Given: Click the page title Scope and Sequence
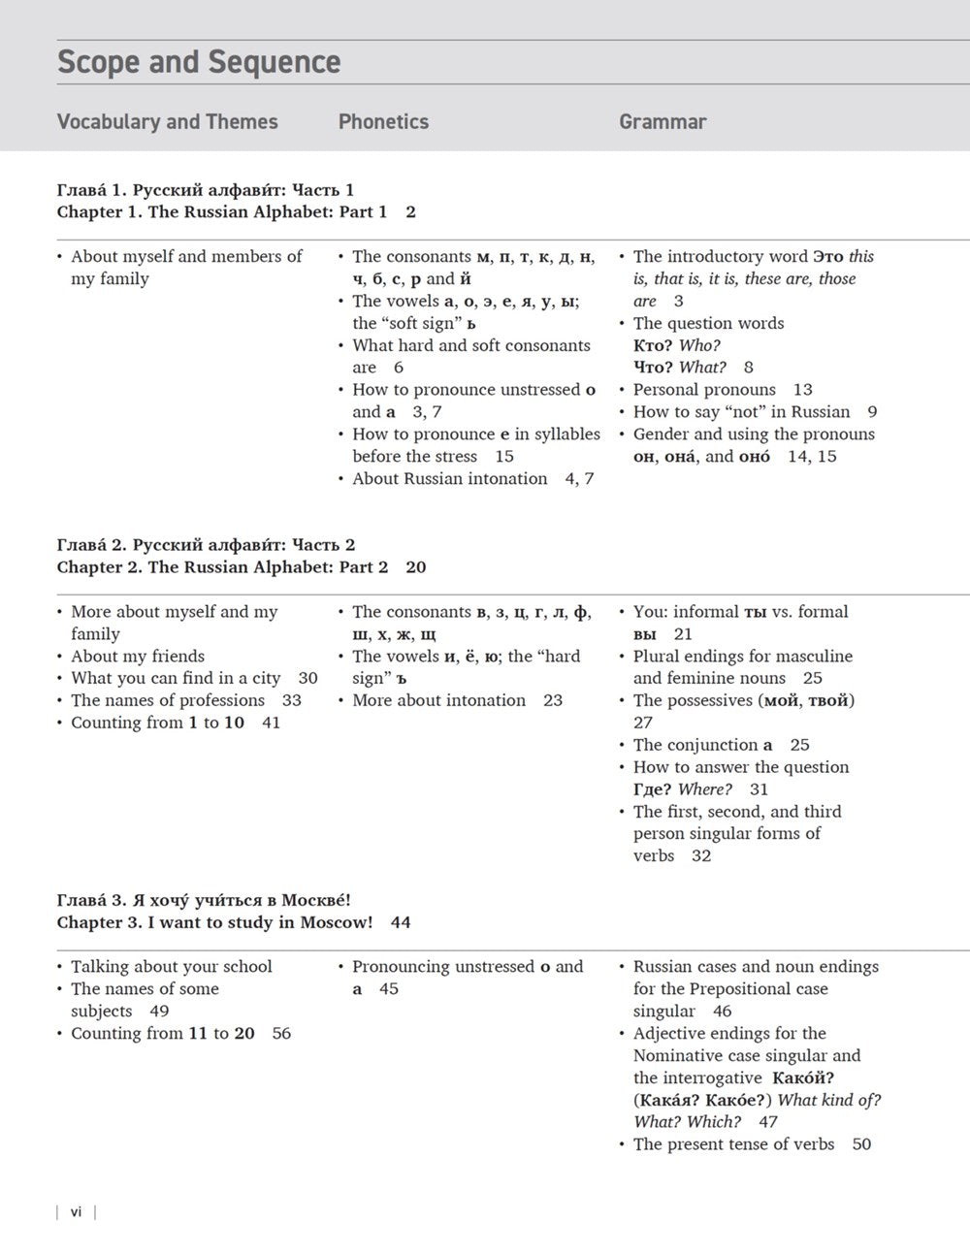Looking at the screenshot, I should (199, 62).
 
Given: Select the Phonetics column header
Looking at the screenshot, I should (383, 122).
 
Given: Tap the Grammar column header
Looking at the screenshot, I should (663, 122).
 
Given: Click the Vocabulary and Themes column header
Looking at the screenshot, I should (167, 122).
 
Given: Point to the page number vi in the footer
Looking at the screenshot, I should (76, 1211).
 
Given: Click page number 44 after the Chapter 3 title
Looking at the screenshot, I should (401, 922).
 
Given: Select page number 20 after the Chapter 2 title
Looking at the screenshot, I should (415, 567).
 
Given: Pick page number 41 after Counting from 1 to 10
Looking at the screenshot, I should (271, 723).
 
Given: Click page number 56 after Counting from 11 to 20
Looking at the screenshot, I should (281, 1034).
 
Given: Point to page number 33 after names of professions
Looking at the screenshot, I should (291, 700).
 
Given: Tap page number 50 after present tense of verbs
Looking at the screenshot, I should (861, 1144).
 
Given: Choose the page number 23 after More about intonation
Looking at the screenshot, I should (553, 700).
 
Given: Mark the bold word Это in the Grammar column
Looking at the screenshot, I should (827, 257).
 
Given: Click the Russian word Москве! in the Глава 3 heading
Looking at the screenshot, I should (316, 900).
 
